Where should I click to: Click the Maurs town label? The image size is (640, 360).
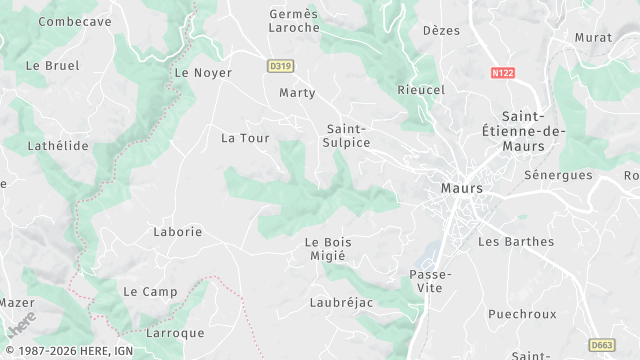462,188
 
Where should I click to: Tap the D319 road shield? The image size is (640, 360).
280,66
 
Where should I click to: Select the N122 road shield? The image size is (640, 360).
503,73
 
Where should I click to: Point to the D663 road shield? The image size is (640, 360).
602,345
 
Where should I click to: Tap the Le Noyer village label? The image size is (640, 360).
203,73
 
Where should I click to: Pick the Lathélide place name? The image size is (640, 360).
58,146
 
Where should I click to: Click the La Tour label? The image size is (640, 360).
245,138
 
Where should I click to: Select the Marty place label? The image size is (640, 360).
297,93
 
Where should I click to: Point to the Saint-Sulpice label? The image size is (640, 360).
348,136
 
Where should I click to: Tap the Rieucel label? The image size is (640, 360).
421,90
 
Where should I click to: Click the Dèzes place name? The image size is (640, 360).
441,31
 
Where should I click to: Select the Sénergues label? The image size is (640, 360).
558,175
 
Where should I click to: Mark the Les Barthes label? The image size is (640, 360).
508,241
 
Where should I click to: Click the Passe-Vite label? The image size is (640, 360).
431,280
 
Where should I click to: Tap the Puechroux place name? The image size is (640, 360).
522,313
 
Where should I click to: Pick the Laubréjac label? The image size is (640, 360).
342,301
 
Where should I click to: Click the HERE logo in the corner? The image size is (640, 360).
22,323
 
